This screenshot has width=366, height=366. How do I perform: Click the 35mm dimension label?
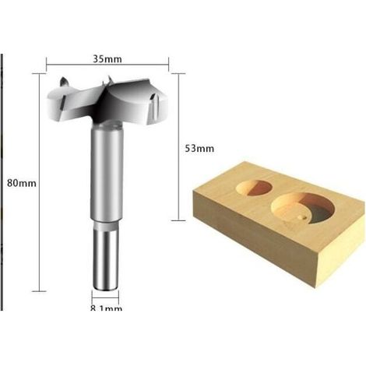point(107,59)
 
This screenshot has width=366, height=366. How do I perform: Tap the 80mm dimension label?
point(22,183)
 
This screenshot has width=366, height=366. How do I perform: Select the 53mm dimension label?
point(199,149)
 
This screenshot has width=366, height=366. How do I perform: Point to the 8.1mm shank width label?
point(106,308)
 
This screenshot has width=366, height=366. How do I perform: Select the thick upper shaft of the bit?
point(107,171)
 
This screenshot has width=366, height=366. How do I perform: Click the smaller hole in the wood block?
point(255,188)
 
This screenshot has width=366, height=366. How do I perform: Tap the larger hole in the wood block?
point(303,208)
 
